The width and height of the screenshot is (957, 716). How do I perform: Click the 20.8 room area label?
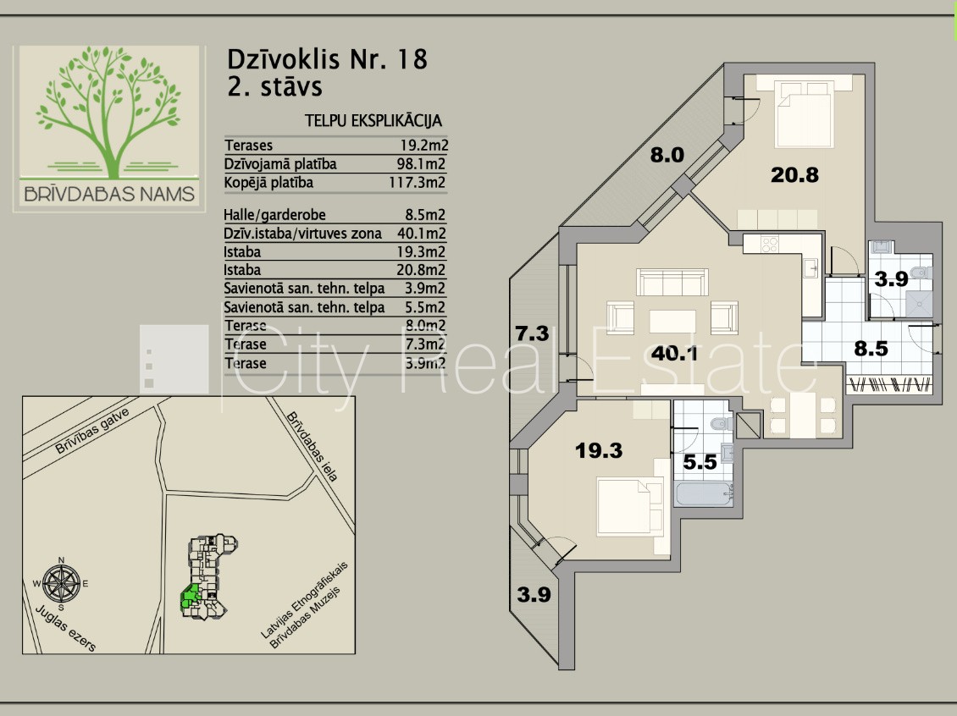(x=794, y=175)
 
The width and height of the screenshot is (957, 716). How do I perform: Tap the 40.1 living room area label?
(x=674, y=353)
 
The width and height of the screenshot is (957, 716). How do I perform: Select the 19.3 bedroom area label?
(x=599, y=451)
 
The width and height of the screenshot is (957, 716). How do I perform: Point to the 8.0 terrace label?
(x=667, y=155)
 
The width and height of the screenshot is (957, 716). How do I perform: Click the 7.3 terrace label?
(x=532, y=333)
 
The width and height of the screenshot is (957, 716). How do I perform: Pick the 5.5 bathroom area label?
(x=700, y=462)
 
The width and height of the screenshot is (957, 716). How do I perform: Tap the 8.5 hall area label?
(x=871, y=349)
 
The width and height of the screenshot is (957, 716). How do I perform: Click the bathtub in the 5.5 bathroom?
(x=703, y=494)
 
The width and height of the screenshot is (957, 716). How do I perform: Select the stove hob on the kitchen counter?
(x=769, y=245)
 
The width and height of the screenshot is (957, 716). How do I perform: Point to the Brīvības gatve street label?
(x=91, y=431)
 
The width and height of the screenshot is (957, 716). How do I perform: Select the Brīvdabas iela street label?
(x=312, y=446)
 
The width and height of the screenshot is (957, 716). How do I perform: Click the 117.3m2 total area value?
(x=418, y=182)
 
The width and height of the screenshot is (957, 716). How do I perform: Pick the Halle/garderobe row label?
(x=274, y=215)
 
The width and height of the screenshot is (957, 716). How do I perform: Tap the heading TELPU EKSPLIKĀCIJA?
(x=373, y=121)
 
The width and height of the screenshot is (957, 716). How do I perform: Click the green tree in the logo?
(x=108, y=112)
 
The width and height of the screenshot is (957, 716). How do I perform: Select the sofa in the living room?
(x=672, y=283)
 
